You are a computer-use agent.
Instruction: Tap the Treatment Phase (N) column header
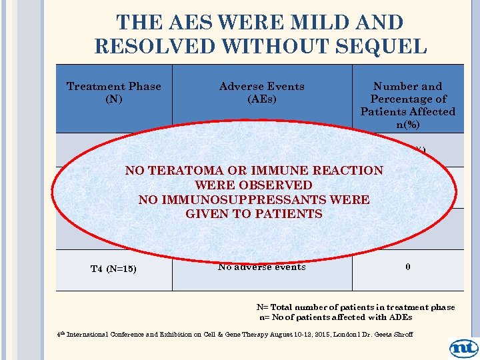[113, 93]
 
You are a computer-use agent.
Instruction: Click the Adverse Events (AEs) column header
[261, 93]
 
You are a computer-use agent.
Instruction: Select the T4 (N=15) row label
[114, 269]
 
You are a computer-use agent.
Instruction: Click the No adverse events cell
[261, 267]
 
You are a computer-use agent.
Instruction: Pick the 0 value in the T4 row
[407, 267]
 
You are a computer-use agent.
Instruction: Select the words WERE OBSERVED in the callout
[253, 185]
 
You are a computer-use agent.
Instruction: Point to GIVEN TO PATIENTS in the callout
[253, 214]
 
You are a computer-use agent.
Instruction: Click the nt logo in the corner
[463, 347]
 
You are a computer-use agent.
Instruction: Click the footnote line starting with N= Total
[355, 307]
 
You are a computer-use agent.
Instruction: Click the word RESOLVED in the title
[157, 46]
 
